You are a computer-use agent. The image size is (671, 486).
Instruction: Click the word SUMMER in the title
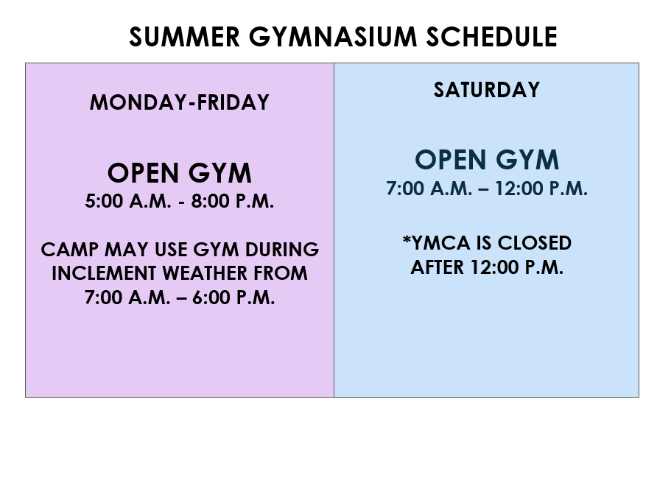coord(184,37)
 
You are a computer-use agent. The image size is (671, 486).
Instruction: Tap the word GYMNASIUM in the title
coord(333,37)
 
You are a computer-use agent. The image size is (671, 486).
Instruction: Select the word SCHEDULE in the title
coord(492,37)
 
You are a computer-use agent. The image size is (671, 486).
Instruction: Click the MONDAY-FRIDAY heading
coord(179,102)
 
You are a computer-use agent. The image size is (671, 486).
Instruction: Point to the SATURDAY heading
coord(487,90)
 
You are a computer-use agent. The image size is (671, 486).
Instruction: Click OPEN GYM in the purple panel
coord(179,173)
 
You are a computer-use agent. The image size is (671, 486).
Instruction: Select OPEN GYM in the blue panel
coord(487,160)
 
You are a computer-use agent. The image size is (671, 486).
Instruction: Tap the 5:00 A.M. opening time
coord(128,201)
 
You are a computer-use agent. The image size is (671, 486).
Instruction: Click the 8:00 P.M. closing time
coord(232,201)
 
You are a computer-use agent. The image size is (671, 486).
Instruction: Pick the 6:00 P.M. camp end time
coord(233,297)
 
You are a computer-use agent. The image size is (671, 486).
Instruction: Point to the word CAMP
coord(70,250)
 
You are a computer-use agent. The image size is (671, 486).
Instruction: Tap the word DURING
coord(281,250)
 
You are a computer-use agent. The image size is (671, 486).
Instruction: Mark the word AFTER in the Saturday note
coord(438,267)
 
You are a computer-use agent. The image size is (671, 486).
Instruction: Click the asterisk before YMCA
coord(407,239)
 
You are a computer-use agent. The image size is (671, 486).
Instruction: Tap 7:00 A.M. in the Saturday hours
coord(429,189)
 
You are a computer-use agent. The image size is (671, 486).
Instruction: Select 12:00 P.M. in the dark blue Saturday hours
coord(541,189)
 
